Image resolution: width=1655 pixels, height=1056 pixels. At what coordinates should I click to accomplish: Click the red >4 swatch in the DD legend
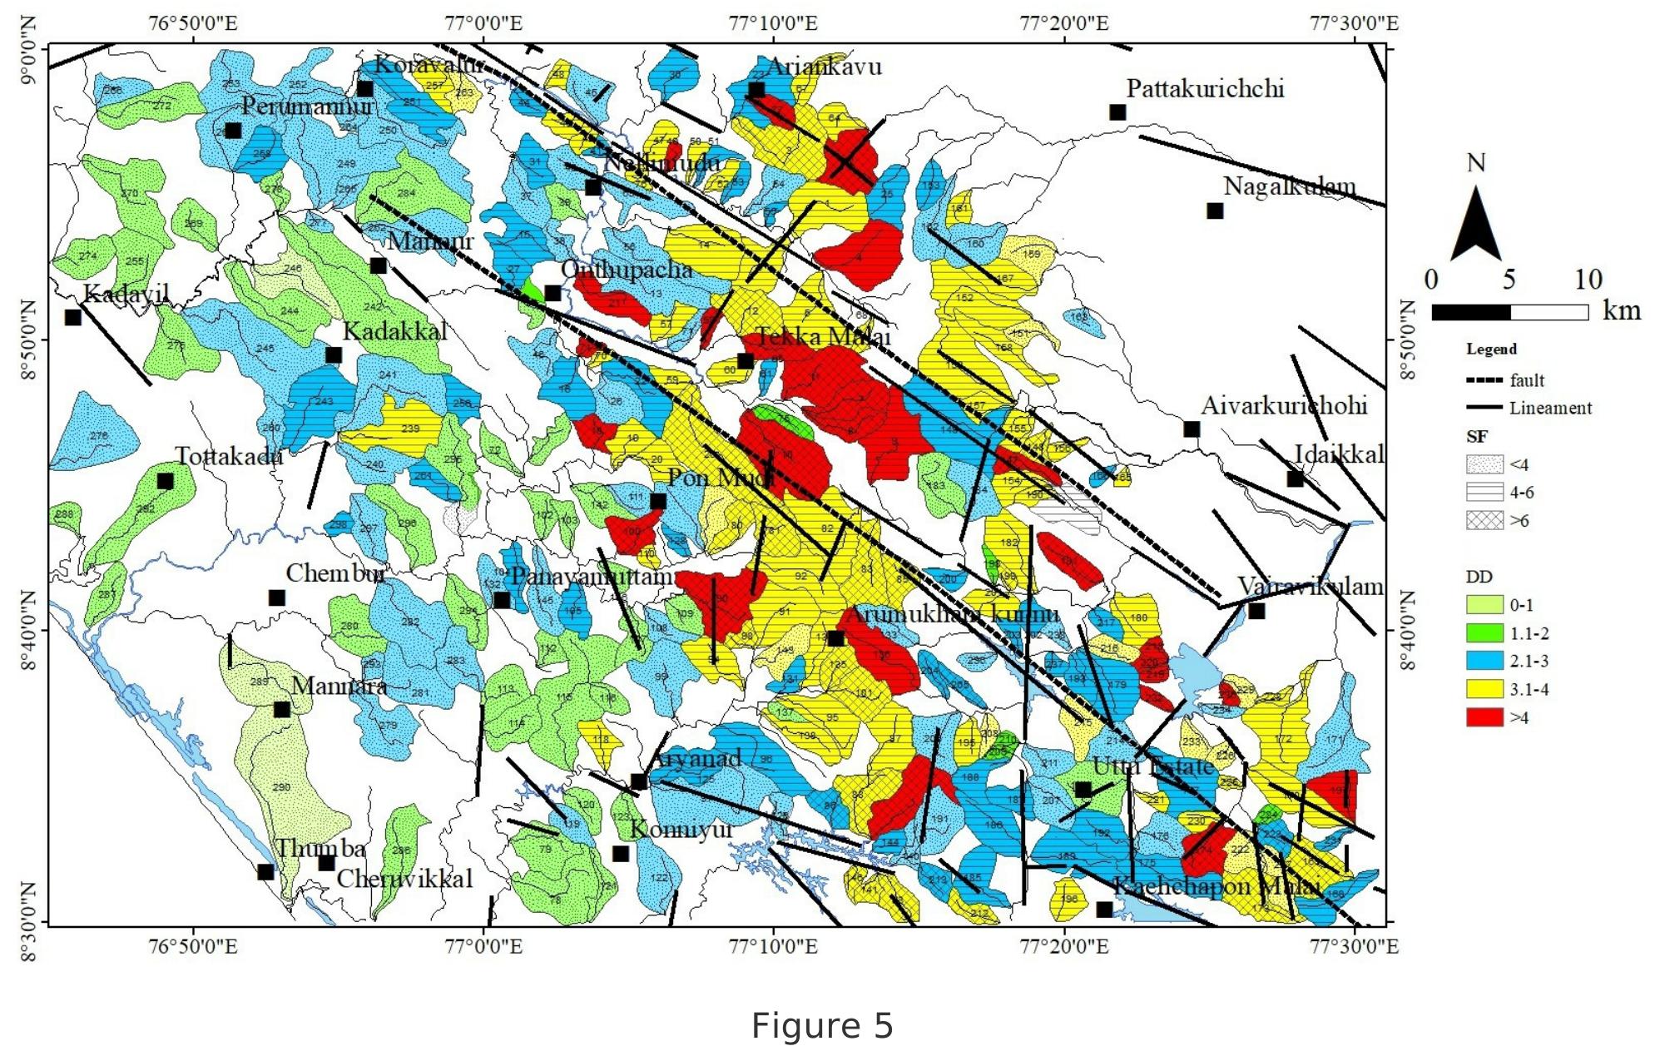point(1484,717)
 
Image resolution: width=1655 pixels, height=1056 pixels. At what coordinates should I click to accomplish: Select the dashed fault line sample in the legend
point(1484,380)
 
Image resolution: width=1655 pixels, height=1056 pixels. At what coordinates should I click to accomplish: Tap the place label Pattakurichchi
point(1205,88)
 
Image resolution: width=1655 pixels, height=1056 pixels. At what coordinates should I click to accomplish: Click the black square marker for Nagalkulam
point(1215,211)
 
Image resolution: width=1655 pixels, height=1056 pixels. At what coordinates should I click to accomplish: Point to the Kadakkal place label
point(395,331)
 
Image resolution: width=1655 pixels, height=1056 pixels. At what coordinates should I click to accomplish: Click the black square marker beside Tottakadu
point(166,481)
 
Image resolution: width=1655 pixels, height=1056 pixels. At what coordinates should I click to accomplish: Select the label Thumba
point(320,848)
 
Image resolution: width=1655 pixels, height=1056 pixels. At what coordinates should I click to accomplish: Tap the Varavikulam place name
point(1310,586)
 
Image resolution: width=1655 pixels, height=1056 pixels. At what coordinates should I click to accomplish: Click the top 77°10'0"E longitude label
point(774,22)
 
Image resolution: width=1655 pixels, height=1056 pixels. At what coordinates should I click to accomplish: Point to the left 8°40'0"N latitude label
point(32,630)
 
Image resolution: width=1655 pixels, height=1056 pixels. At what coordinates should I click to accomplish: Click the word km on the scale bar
point(1622,311)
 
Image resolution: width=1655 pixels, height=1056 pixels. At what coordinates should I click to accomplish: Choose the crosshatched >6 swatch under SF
point(1484,520)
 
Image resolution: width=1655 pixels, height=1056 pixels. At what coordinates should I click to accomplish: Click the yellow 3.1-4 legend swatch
point(1484,689)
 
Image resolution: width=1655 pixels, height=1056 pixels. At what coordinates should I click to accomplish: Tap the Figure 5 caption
point(822,1025)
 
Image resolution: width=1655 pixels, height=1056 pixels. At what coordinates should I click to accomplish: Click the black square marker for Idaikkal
point(1295,478)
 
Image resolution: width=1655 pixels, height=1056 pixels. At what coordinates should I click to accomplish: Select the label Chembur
point(335,573)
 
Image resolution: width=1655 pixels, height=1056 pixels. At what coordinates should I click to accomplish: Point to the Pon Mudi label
point(721,478)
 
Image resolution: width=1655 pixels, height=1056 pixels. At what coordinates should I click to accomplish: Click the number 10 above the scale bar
point(1588,280)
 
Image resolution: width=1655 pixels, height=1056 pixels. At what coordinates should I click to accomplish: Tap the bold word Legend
point(1491,349)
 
